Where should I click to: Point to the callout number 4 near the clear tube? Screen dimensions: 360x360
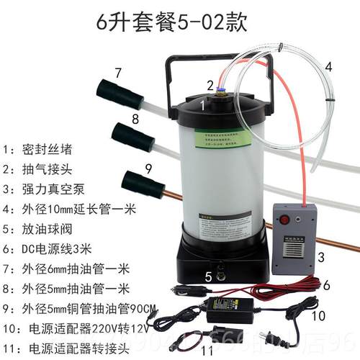(328, 66)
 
